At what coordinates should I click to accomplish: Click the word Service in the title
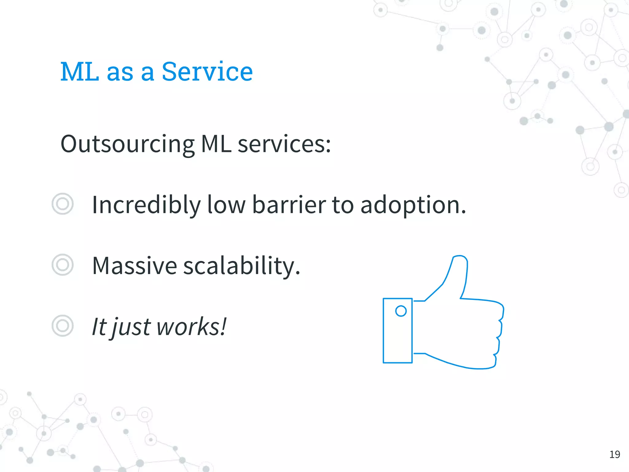(207, 72)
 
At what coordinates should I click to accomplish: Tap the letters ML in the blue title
(80, 72)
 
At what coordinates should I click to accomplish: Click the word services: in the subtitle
(284, 144)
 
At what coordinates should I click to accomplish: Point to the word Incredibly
(146, 205)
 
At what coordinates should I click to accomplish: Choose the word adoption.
(413, 205)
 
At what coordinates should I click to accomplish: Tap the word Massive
(135, 265)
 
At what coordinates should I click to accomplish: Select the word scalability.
(241, 265)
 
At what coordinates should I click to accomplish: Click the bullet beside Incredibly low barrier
(63, 204)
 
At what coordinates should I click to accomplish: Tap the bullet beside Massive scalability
(63, 265)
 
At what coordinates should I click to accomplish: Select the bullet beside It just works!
(63, 326)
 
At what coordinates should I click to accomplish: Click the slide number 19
(615, 454)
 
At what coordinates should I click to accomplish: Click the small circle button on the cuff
(401, 311)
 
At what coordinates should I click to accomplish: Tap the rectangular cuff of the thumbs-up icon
(397, 338)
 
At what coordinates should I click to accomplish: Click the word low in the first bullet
(226, 205)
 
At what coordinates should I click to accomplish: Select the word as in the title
(120, 72)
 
